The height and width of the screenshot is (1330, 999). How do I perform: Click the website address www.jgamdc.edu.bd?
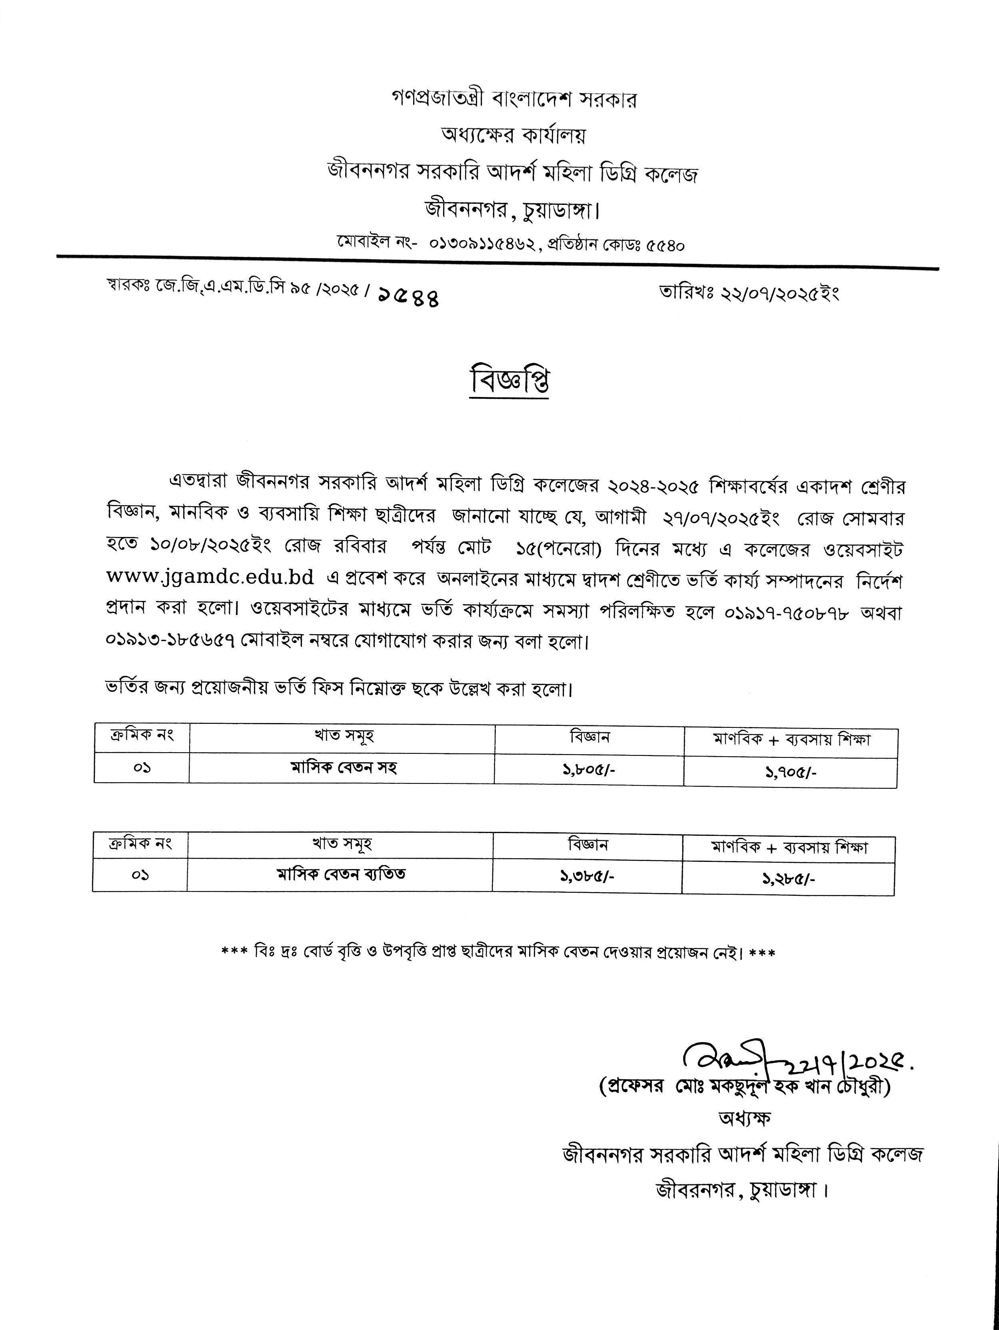point(210,577)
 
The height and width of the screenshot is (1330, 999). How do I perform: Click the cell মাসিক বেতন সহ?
point(343,768)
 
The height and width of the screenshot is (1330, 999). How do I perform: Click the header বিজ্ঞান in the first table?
point(589,737)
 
